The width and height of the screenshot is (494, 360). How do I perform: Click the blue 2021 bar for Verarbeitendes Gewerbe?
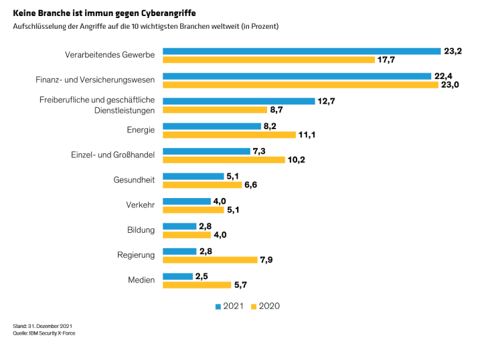point(301,51)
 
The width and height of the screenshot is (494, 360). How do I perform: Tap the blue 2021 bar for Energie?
point(212,126)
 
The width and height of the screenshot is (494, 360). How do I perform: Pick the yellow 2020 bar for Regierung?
point(210,260)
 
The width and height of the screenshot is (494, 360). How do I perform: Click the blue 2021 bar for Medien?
point(178,276)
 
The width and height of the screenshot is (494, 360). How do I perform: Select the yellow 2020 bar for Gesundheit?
point(202,185)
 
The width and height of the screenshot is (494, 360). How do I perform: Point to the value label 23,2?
point(452,51)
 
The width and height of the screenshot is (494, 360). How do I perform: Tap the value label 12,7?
point(327,101)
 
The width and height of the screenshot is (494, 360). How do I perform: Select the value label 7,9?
point(267,260)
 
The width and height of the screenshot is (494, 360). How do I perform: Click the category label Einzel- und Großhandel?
point(112,155)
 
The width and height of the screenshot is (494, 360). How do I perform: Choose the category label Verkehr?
point(140,205)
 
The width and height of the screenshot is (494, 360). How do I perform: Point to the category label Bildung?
point(141,230)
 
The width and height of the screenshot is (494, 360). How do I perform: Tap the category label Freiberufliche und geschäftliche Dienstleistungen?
point(96,105)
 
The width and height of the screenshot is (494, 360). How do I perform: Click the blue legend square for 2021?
point(218,306)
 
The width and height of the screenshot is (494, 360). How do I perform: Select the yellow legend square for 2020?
point(253,306)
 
